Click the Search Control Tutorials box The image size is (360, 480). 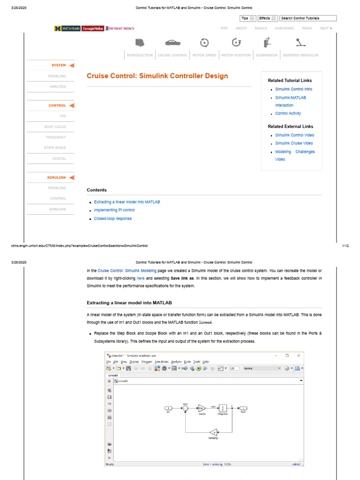[x=308, y=18]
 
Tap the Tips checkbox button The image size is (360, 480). [x=247, y=18]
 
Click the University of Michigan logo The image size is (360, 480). [x=67, y=28]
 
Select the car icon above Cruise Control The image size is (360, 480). [x=172, y=43]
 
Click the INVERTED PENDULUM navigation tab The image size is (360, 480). [x=300, y=55]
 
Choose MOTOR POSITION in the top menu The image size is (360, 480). [x=236, y=55]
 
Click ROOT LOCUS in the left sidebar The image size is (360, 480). [x=55, y=127]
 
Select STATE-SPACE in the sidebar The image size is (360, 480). [x=55, y=148]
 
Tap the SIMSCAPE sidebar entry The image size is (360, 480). [x=58, y=209]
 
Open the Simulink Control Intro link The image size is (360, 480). [x=293, y=89]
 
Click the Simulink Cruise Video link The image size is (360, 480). [x=294, y=143]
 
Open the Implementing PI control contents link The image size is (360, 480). [x=114, y=210]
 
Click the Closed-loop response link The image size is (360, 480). [x=113, y=218]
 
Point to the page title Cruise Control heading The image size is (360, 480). [x=157, y=76]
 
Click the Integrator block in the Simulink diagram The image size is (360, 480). [x=223, y=408]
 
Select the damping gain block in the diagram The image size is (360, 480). [x=213, y=432]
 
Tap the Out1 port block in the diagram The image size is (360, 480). [x=243, y=408]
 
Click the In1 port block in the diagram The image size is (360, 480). [x=168, y=408]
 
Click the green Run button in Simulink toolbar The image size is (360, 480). [x=199, y=368]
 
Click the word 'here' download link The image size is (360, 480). [x=140, y=278]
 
